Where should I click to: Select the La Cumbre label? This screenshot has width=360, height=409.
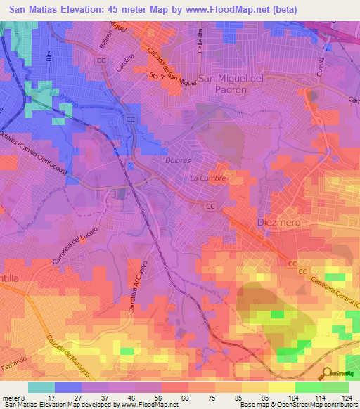click(x=208, y=178)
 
